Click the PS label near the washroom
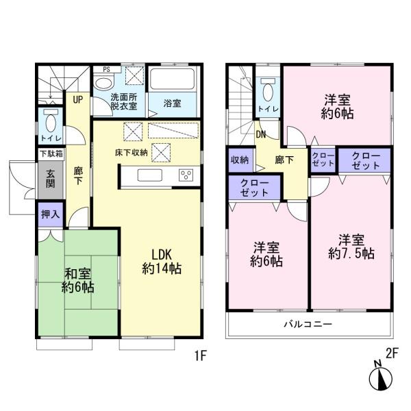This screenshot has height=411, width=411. pos(106,69)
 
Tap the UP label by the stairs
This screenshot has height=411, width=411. pos(78,99)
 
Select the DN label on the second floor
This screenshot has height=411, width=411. pos(261,134)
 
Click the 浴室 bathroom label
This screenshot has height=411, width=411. pos(173,104)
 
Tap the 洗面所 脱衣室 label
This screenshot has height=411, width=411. pos(124,101)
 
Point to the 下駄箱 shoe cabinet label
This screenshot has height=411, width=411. pos(50,153)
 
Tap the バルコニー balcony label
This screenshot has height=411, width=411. pos(308,324)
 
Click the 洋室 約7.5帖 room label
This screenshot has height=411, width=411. pos(351,247)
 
